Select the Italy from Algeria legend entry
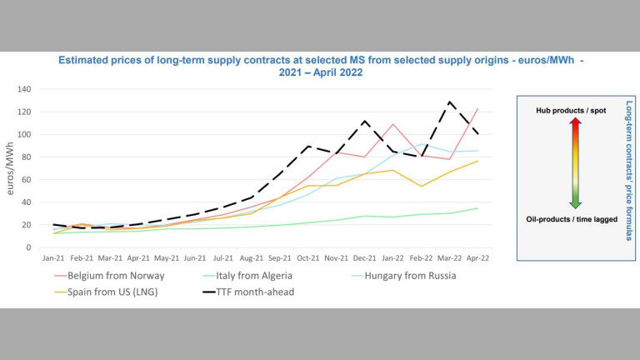(249, 276)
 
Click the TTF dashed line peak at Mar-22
(450, 102)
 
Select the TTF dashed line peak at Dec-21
(364, 121)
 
